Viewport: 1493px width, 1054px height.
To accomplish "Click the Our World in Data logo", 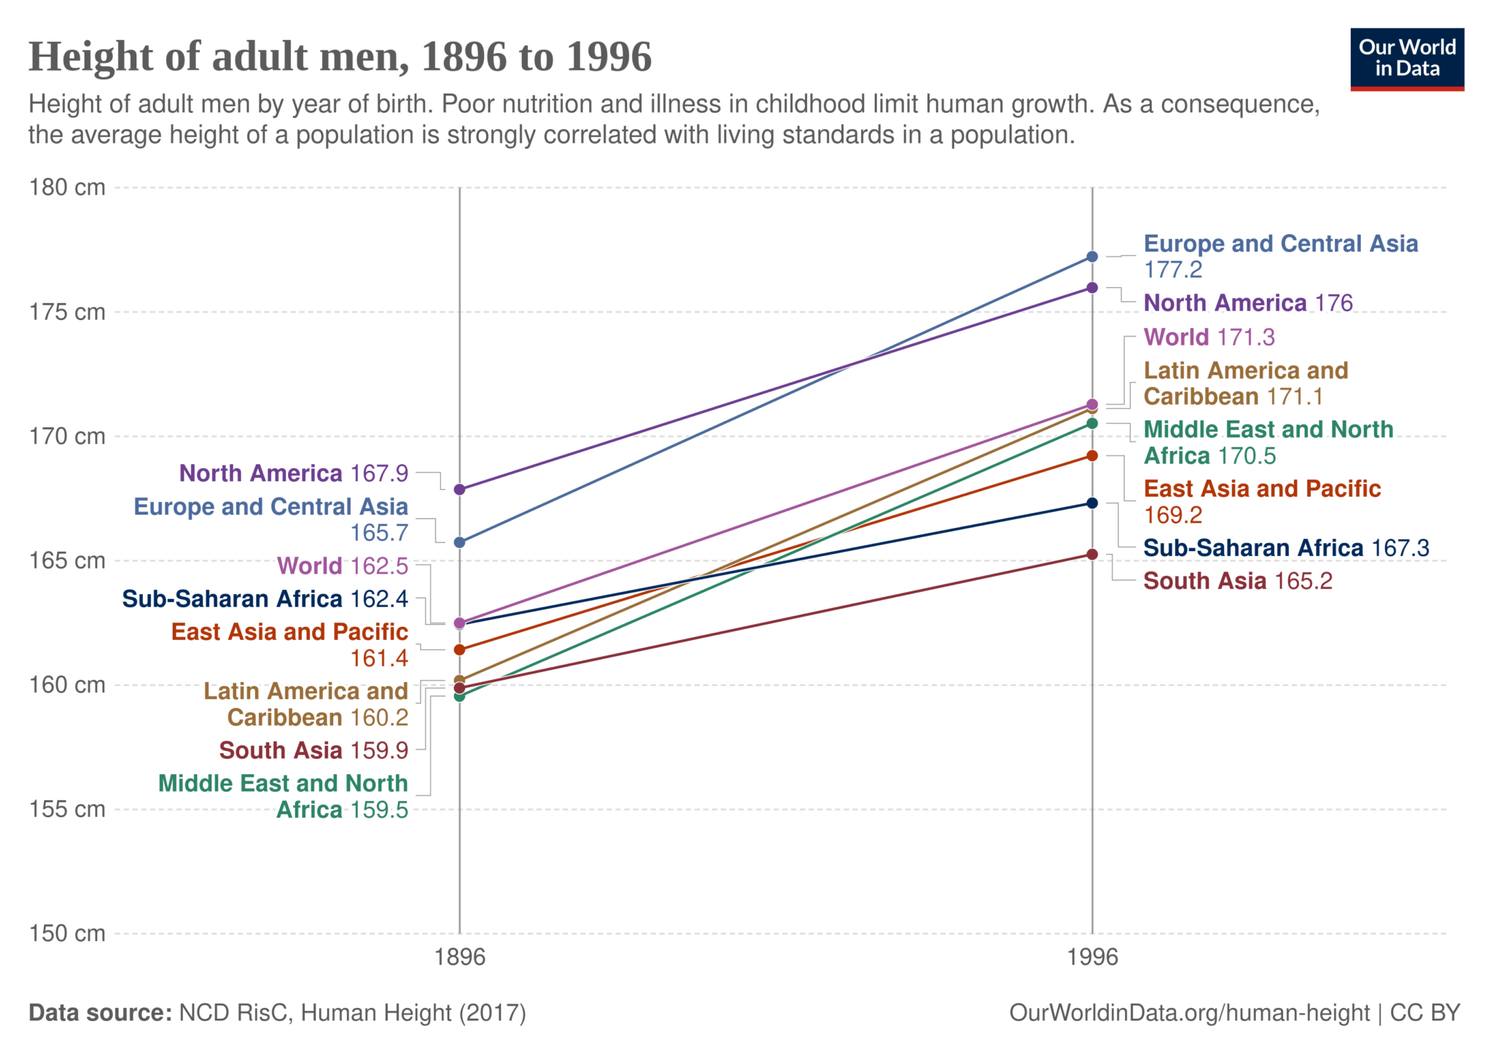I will click(x=1406, y=59).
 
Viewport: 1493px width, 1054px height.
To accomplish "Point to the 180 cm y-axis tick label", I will click(x=67, y=187).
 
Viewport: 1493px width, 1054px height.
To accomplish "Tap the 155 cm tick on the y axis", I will click(x=67, y=809).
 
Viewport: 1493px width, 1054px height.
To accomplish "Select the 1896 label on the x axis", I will click(x=459, y=956).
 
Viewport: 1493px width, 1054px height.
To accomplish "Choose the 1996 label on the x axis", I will click(x=1092, y=956).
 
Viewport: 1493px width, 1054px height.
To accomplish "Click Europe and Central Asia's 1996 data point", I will click(x=1092, y=257).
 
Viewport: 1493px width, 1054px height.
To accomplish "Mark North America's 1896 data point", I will click(x=459, y=489).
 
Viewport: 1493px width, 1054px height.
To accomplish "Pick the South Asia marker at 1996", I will click(x=1092, y=555).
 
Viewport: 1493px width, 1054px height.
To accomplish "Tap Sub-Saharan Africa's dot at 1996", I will click(x=1092, y=503).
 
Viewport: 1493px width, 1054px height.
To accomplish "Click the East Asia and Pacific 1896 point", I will click(x=459, y=649).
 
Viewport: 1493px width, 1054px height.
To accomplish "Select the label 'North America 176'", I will click(x=1247, y=302).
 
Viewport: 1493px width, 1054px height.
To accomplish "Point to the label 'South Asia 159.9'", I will click(x=313, y=750).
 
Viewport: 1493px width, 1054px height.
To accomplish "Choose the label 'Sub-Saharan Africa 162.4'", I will click(x=265, y=598).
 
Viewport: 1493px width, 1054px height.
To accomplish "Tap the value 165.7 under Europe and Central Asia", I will click(x=379, y=533).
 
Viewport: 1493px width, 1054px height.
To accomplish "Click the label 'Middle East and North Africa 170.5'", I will click(x=1268, y=442).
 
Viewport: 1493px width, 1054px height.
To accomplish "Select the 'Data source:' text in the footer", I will click(x=100, y=1012).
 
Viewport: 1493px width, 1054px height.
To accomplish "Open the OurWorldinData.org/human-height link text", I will click(x=1189, y=1012).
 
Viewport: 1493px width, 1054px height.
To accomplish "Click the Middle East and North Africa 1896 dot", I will click(x=459, y=697).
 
